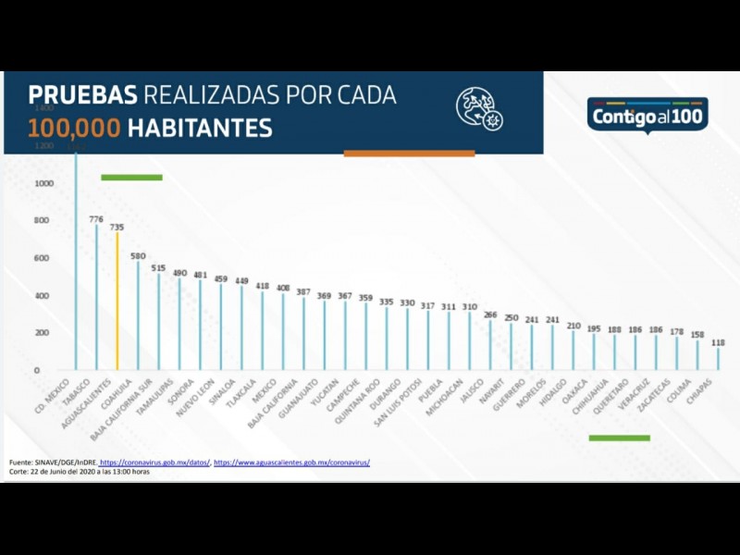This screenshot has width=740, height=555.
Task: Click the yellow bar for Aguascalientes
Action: point(117,301)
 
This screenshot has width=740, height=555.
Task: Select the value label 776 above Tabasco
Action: point(96,219)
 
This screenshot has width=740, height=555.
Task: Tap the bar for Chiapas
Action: point(718,358)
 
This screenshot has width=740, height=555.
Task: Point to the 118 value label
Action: point(718,341)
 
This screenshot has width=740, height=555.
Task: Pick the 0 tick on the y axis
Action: point(37,370)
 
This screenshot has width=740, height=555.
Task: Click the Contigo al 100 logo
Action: point(647,117)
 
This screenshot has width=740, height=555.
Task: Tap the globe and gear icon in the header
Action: point(478,108)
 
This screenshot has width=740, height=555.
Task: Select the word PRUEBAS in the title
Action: point(82,95)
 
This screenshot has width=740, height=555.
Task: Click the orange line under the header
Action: point(409,154)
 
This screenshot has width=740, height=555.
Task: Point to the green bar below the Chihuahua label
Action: point(619,438)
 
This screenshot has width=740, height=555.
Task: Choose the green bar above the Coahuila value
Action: point(131,177)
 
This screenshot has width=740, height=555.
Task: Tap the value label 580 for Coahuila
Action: point(138,256)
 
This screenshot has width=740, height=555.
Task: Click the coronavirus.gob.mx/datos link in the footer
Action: point(154,462)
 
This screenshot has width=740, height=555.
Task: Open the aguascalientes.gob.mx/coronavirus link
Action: point(291,462)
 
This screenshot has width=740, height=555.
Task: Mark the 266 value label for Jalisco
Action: point(490,314)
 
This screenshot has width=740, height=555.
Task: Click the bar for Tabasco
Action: point(96,296)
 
